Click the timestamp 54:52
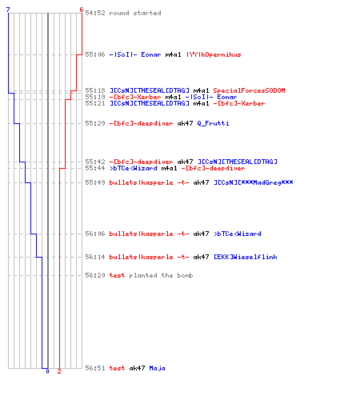tap(95, 13)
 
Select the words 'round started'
tap(135, 13)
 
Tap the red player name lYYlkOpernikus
tap(214, 54)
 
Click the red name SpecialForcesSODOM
tap(249, 90)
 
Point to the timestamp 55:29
tap(95, 123)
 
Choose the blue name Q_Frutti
tap(213, 123)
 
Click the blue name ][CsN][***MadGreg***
tap(254, 182)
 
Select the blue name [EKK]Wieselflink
tap(246, 257)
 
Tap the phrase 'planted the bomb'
tap(161, 275)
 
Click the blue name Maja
tap(157, 368)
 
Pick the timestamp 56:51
tap(95, 368)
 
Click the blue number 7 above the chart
tap(8, 10)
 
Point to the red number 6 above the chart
tap(82, 10)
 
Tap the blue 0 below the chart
tap(47, 371)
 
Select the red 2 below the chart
tap(59, 371)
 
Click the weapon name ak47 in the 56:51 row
tap(137, 368)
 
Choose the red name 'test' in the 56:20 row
tap(117, 275)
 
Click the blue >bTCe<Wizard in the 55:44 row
tap(134, 169)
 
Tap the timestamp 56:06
tap(95, 234)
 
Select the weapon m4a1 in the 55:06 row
tap(173, 54)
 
